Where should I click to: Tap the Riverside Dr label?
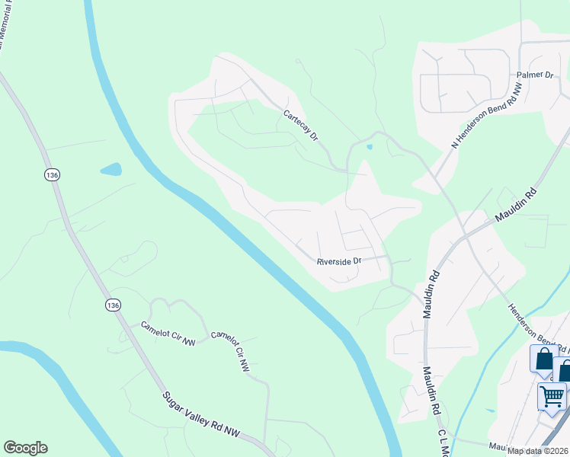pyautogui.click(x=339, y=261)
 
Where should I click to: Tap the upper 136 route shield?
pyautogui.click(x=52, y=174)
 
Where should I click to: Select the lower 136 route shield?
pyautogui.click(x=113, y=305)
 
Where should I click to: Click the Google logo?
pyautogui.click(x=25, y=448)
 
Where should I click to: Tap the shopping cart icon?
pyautogui.click(x=552, y=396)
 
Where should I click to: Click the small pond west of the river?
pyautogui.click(x=110, y=168)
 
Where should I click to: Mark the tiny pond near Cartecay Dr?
pyautogui.click(x=369, y=146)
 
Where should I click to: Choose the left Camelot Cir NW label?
pyautogui.click(x=168, y=334)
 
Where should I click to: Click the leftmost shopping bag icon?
pyautogui.click(x=543, y=359)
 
